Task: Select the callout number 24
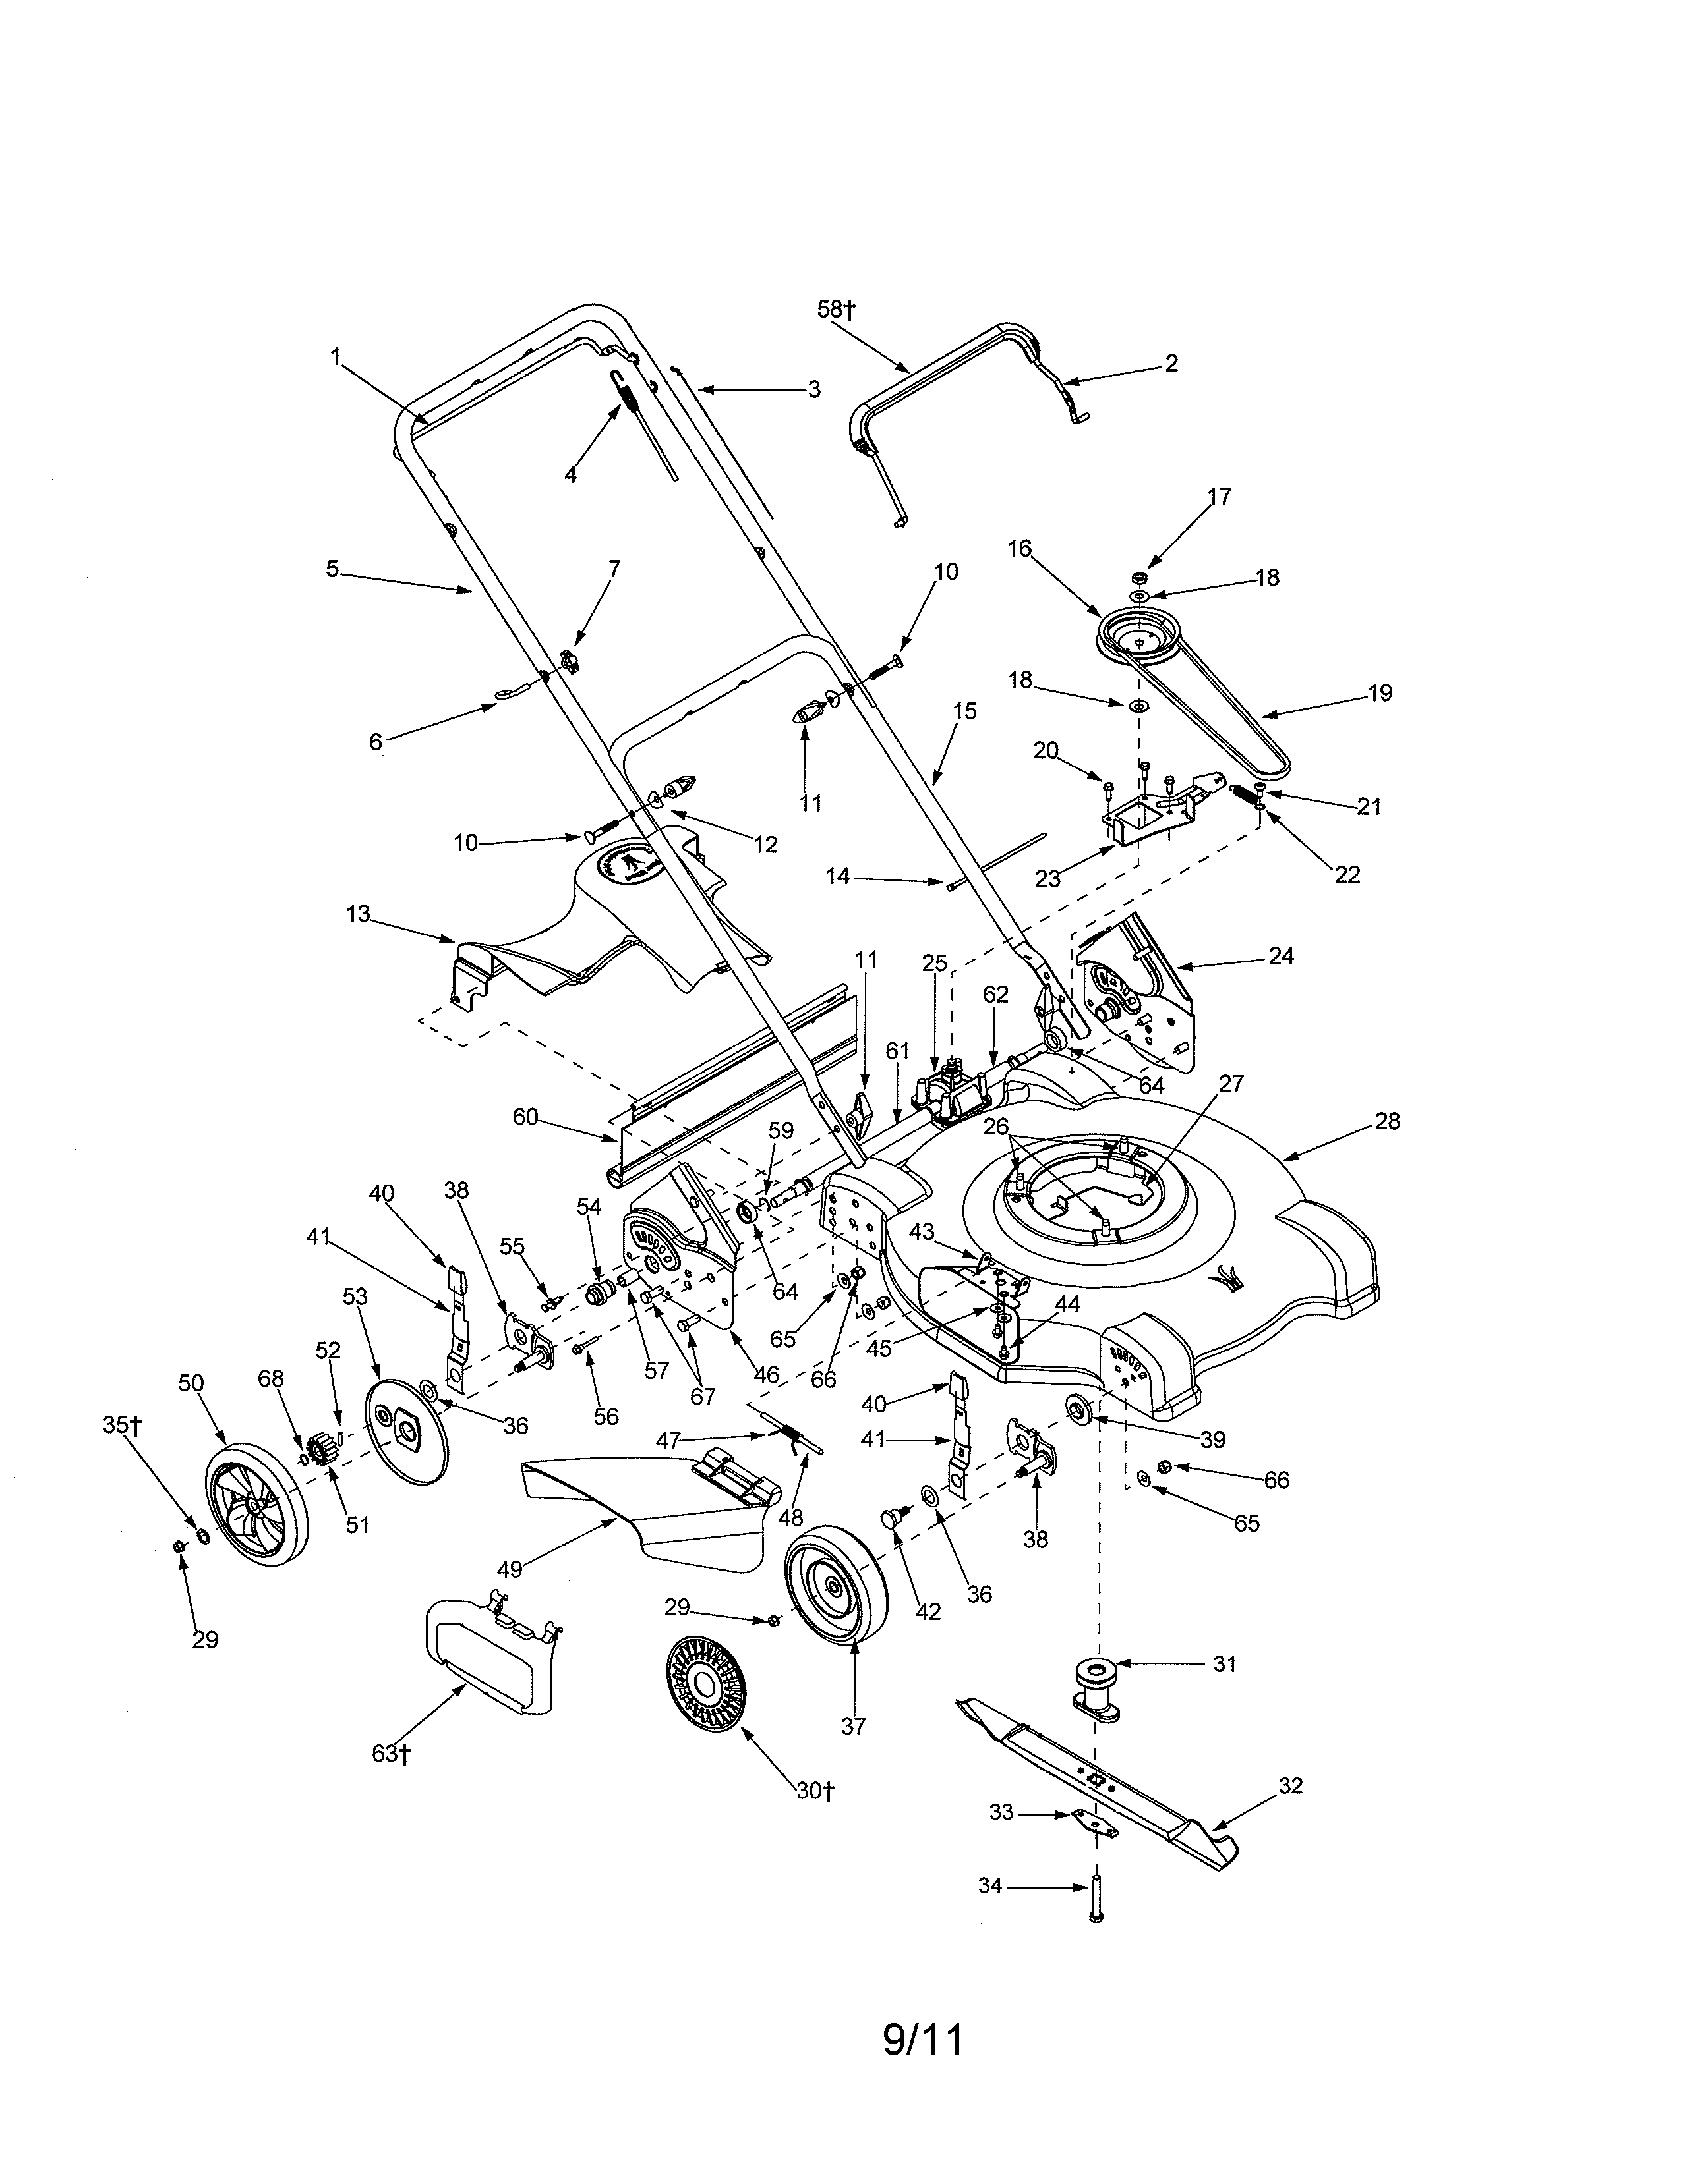click(1281, 956)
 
